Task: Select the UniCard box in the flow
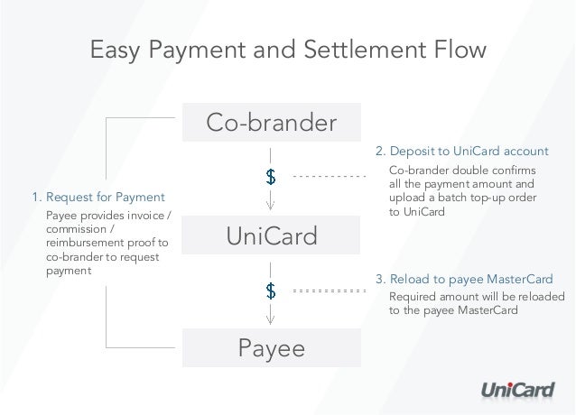coord(271,237)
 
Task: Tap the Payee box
coord(271,348)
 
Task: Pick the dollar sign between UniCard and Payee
coord(270,290)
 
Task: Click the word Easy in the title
coord(116,50)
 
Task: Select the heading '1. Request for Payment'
coord(98,197)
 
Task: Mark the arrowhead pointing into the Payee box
coord(270,321)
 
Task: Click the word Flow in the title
coord(458,50)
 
